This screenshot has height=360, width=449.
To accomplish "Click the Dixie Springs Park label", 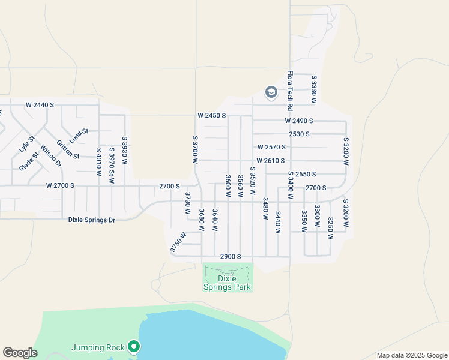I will [x=228, y=282].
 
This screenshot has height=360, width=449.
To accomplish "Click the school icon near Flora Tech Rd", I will [x=271, y=92].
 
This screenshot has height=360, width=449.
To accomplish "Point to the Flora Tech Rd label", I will [x=289, y=87].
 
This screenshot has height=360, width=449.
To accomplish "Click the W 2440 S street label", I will [x=40, y=105].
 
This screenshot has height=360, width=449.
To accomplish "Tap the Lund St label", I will [x=79, y=135].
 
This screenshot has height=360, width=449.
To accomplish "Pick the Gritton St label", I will [x=68, y=149].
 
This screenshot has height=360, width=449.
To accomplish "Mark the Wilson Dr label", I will [x=51, y=155].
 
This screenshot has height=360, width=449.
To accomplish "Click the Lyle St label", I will [x=28, y=145].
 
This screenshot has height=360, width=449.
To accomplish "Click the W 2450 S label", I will [x=211, y=115].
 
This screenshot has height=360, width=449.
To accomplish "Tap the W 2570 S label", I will [x=271, y=147].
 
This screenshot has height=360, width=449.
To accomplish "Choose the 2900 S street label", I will [x=231, y=256].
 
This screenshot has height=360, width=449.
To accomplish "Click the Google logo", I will [x=20, y=353].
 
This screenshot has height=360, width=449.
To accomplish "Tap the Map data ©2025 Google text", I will [x=411, y=355].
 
